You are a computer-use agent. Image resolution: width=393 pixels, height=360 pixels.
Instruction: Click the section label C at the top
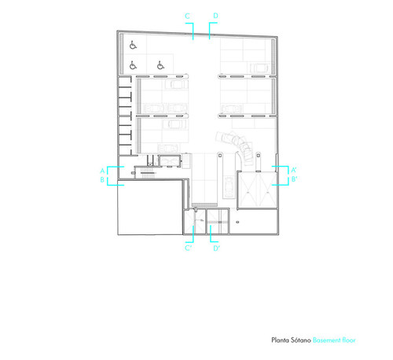point(187,16)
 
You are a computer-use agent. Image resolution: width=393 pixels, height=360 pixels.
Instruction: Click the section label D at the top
point(215,16)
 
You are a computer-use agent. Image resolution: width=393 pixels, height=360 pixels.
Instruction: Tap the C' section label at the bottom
point(188,248)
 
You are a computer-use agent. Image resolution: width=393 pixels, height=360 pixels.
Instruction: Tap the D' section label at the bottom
point(216,248)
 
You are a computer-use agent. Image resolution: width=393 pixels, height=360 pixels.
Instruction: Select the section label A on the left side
point(102,171)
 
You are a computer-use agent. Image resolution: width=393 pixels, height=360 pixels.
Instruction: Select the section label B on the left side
point(102,180)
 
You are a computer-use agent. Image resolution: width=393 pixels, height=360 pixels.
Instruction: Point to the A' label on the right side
point(294,170)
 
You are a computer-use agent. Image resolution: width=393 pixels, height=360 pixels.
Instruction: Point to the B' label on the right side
point(294,179)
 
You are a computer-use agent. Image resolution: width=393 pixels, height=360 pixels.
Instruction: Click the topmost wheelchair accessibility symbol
point(133,45)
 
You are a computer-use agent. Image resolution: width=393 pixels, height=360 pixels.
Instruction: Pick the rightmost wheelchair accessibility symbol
point(160,65)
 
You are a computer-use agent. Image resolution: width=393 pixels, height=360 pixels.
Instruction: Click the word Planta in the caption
point(279,340)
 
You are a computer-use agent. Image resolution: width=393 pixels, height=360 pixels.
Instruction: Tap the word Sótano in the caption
point(300,340)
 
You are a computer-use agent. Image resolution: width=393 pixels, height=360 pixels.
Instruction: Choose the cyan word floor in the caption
point(349,340)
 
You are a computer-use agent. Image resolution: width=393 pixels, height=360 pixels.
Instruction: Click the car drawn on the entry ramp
point(229,187)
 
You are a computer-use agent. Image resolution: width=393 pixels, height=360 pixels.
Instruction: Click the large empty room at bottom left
point(150,207)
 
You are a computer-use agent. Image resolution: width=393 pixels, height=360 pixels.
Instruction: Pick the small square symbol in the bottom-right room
point(237,222)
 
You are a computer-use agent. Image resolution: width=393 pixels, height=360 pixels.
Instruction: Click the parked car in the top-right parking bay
point(259,68)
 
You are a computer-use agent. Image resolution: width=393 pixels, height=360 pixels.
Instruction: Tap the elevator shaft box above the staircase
point(170,160)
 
